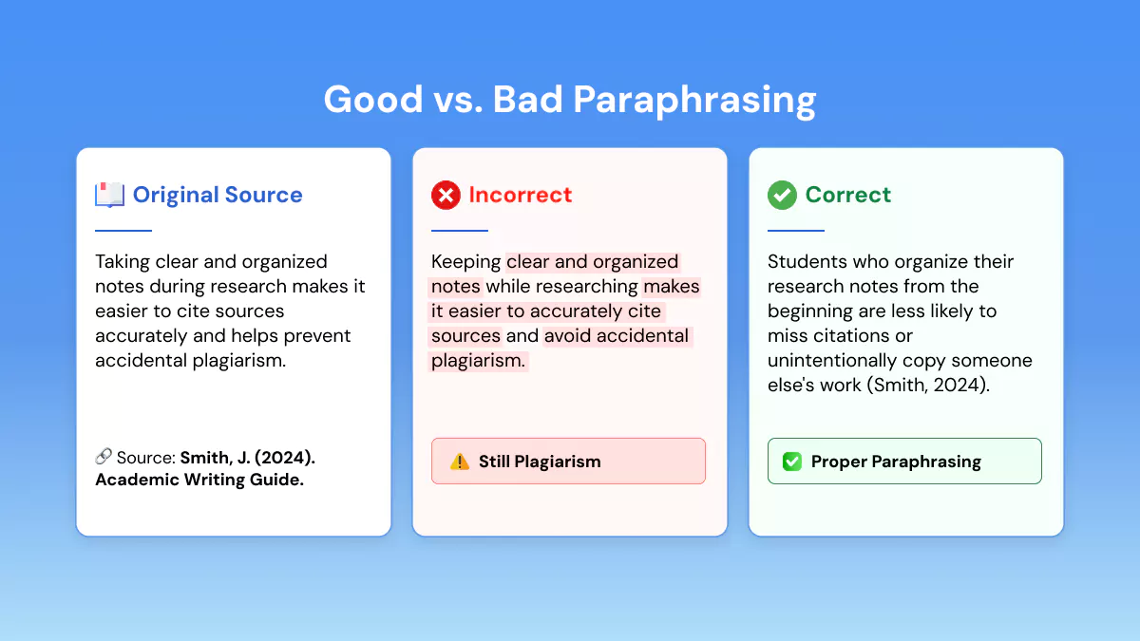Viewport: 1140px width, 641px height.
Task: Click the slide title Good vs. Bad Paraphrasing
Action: pos(570,100)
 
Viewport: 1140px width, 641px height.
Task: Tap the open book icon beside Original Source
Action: pos(109,195)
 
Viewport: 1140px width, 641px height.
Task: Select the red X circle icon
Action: pos(446,195)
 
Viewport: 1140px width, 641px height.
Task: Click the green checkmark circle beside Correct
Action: pos(782,195)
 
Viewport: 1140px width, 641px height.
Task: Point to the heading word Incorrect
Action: pos(521,195)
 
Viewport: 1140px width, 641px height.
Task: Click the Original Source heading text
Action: pos(218,196)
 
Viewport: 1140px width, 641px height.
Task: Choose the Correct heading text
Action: pos(847,195)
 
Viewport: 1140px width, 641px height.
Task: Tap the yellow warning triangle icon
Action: pos(460,462)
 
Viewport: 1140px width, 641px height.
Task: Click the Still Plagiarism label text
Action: pos(540,462)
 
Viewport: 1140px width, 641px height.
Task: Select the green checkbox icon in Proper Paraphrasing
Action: pos(792,462)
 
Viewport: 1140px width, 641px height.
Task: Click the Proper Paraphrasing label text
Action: pos(896,462)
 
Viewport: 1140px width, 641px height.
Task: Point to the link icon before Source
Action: pos(104,457)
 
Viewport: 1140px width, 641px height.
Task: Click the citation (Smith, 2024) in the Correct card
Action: pos(928,386)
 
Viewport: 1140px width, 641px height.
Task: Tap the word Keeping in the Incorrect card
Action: pos(465,262)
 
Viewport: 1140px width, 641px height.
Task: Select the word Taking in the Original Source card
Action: pos(123,262)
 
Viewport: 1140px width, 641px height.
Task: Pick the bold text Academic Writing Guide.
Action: pos(199,480)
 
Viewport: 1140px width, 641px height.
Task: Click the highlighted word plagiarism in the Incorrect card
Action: pos(478,361)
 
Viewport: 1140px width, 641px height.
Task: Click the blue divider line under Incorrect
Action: pos(460,231)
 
